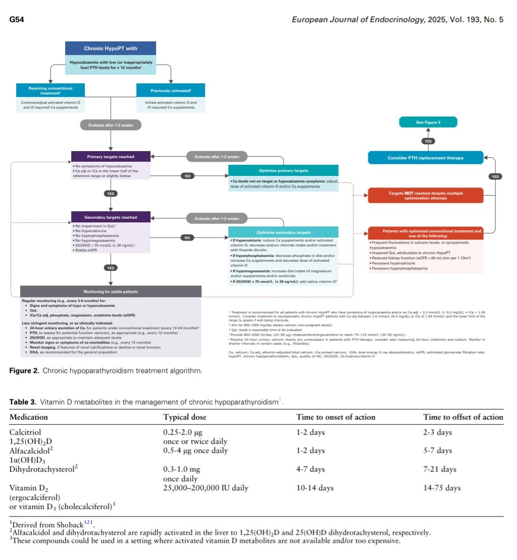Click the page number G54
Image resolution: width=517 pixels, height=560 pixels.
[x=17, y=20]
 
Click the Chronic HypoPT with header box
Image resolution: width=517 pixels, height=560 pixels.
[x=111, y=49]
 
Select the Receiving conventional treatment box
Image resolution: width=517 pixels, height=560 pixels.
[x=50, y=90]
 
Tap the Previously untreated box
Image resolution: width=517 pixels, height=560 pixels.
[x=171, y=90]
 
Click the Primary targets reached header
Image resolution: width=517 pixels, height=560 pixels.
[x=111, y=157]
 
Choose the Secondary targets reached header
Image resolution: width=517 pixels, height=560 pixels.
[x=111, y=217]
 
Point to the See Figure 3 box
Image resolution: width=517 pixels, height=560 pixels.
[x=428, y=122]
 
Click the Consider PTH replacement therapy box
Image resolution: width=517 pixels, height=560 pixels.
[x=425, y=158]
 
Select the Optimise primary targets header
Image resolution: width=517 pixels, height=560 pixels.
[x=283, y=170]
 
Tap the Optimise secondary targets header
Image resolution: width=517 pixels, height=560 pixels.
[x=283, y=231]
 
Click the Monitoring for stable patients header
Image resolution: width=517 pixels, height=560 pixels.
[x=111, y=292]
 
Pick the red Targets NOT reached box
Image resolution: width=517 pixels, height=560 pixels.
[x=425, y=195]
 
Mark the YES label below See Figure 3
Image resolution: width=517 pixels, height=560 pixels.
[x=428, y=141]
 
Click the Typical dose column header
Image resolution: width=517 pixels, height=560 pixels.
[x=185, y=417]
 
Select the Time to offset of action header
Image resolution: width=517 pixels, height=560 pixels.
[x=463, y=417]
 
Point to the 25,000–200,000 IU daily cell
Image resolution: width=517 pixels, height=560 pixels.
[x=205, y=488]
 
